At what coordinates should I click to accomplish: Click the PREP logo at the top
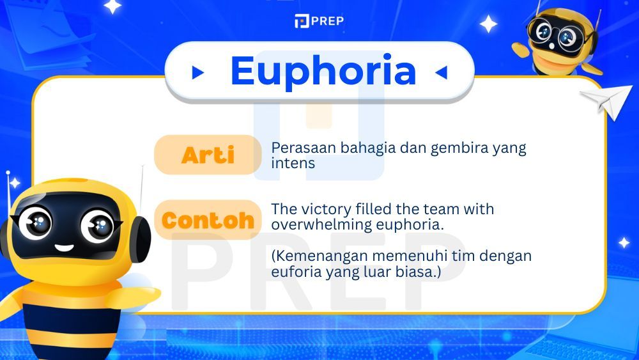(319, 21)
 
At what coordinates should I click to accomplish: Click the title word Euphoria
(323, 71)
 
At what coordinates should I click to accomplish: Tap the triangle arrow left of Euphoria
(198, 73)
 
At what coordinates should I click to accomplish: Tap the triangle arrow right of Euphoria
(441, 73)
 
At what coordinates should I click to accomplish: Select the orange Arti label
(208, 155)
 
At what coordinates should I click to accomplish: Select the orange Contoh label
(208, 221)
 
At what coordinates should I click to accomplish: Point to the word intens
(293, 163)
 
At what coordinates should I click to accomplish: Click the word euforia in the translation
(292, 272)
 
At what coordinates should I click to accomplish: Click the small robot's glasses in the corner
(553, 35)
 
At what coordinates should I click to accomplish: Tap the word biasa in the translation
(424, 272)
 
